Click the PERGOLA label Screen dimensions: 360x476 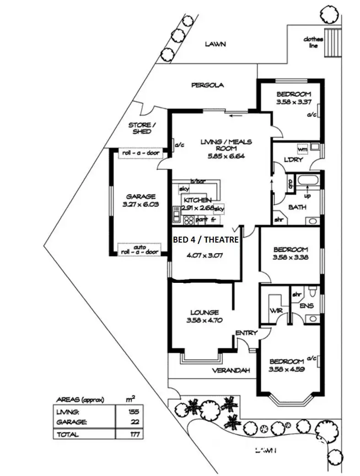pyautogui.click(x=207, y=85)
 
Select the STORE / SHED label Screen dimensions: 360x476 pyautogui.click(x=140, y=128)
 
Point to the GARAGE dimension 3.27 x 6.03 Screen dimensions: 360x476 pyautogui.click(x=141, y=205)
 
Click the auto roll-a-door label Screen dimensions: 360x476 pyautogui.click(x=140, y=249)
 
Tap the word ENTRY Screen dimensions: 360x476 pyautogui.click(x=246, y=333)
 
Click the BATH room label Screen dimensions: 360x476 pyautogui.click(x=297, y=207)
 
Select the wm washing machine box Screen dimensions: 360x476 pyautogui.click(x=302, y=149)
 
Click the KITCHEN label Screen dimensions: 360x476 pyautogui.click(x=197, y=200)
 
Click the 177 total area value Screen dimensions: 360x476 pyautogui.click(x=134, y=434)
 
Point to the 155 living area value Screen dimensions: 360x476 pyautogui.click(x=134, y=411)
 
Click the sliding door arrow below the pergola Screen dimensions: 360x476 pyautogui.click(x=236, y=116)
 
